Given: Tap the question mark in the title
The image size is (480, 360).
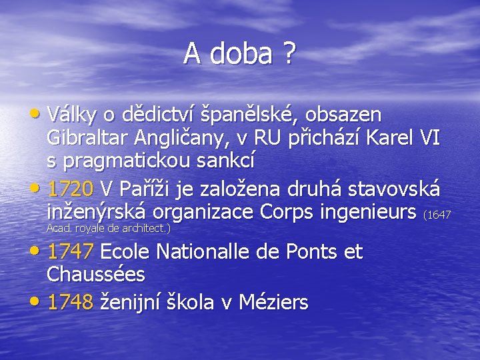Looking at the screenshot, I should click(x=289, y=53).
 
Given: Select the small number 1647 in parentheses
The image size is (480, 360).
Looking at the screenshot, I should click(x=439, y=215).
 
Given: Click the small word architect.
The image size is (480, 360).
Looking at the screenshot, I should click(x=145, y=228).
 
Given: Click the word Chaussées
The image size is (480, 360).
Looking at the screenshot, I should click(x=96, y=275).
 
